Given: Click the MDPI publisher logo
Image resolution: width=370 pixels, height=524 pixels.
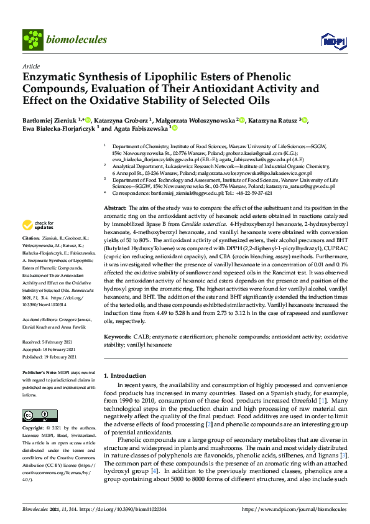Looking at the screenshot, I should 330,40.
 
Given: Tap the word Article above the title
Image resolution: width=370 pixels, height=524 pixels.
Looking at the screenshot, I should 31,66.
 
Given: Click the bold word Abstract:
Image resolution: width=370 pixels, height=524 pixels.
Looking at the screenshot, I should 115,207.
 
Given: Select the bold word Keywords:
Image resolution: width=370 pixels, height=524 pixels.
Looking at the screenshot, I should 118,337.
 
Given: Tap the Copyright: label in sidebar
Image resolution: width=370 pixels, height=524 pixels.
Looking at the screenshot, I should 34,429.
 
